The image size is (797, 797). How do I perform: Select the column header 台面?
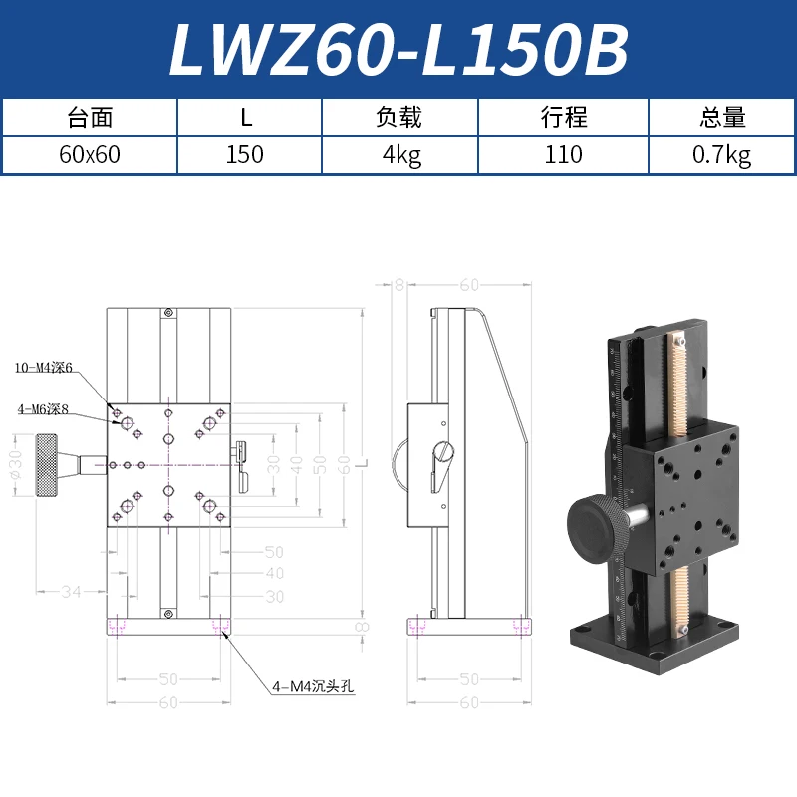click(90, 118)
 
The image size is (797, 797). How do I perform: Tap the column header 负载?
click(398, 118)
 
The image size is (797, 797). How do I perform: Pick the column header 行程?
click(564, 118)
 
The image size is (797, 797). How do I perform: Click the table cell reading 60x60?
click(90, 154)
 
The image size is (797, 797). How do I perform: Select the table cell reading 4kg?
click(398, 154)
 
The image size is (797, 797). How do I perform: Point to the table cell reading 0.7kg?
click(722, 154)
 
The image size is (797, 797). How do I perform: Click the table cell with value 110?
click(564, 154)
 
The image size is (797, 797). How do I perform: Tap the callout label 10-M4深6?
click(45, 368)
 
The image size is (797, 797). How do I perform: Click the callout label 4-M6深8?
click(42, 408)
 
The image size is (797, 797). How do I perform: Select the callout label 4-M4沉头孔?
click(313, 685)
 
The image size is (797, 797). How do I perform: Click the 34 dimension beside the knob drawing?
click(70, 592)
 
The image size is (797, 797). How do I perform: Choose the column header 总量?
click(722, 118)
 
